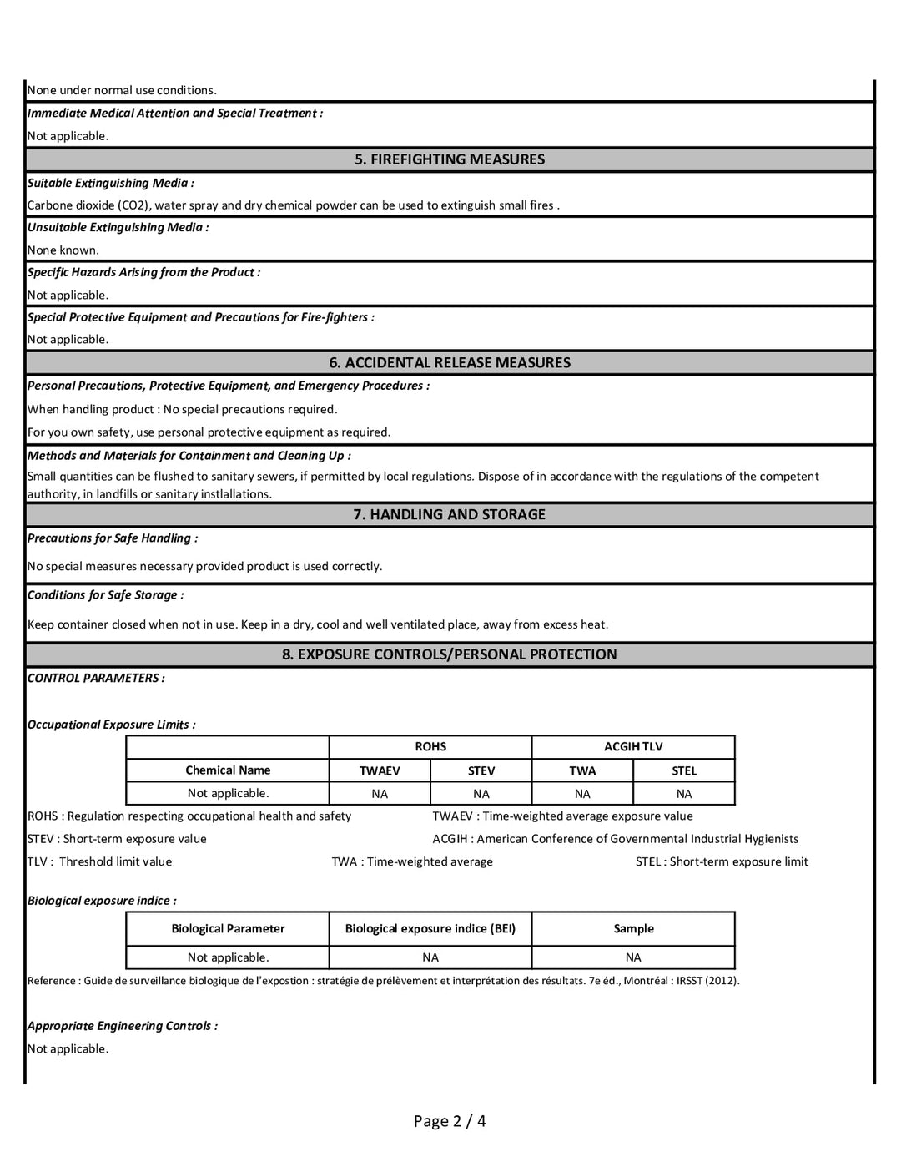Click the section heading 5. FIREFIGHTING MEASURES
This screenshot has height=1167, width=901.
coord(450,159)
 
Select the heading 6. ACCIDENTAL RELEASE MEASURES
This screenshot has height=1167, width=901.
coord(450,362)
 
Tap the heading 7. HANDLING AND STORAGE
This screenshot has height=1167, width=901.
coord(450,514)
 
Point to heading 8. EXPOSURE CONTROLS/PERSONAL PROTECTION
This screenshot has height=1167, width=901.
coord(450,654)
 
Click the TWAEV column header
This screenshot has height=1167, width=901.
coord(380,770)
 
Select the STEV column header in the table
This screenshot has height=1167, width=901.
coord(481,770)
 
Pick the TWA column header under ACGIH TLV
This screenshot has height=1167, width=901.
coord(582,770)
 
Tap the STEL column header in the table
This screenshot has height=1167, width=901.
coord(684,770)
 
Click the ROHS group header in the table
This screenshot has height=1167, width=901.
coord(430,746)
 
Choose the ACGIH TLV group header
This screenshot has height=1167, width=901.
coord(633,746)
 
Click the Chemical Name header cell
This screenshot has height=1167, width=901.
coord(228,770)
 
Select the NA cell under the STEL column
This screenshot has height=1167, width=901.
coord(684,794)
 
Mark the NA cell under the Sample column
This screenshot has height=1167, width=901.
coord(633,957)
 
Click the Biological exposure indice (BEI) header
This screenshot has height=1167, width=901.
coord(430,928)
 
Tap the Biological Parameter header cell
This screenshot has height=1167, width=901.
coord(228,928)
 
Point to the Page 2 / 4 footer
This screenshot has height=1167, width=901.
coord(450,1120)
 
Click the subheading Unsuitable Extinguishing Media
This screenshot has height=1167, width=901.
coord(118,227)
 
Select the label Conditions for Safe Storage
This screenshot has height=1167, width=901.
coord(105,594)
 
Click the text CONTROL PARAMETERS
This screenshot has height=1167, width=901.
coord(96,678)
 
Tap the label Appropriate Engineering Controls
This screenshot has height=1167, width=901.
coord(122,1026)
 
